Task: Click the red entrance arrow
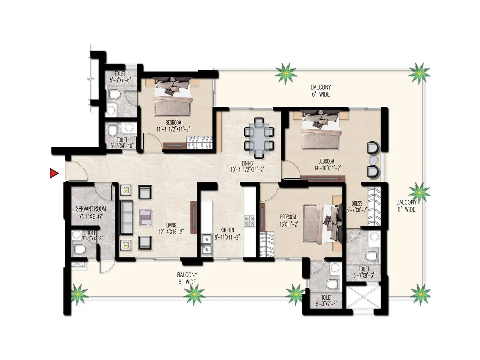pyautogui.click(x=54, y=173)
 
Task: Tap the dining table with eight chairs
pyautogui.click(x=259, y=138)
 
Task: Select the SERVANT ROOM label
pyautogui.click(x=91, y=209)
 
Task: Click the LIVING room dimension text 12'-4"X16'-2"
pyautogui.click(x=171, y=232)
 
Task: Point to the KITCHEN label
pyautogui.click(x=227, y=230)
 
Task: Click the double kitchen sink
pyautogui.click(x=206, y=244)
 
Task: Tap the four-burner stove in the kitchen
pyautogui.click(x=249, y=221)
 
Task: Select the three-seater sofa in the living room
pyautogui.click(x=127, y=218)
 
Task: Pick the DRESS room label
pyautogui.click(x=357, y=204)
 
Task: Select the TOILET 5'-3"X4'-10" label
pyautogui.click(x=122, y=143)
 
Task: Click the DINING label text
pyautogui.click(x=247, y=163)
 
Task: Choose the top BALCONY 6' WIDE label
pyautogui.click(x=320, y=91)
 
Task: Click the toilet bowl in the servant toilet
pyautogui.click(x=79, y=249)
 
